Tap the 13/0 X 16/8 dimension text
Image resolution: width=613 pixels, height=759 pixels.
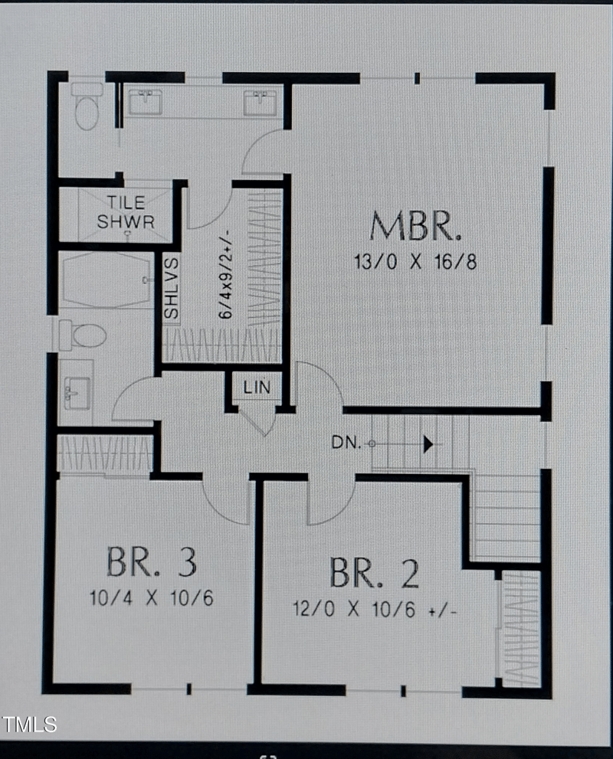point(415,262)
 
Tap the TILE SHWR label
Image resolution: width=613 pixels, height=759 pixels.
point(126,213)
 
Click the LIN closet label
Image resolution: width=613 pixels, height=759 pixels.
point(257,388)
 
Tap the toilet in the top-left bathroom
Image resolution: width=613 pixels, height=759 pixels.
point(87,106)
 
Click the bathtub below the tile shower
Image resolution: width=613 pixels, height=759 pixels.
point(107,280)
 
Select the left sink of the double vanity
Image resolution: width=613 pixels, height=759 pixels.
point(145,102)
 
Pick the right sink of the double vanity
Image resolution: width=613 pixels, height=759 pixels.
point(260,102)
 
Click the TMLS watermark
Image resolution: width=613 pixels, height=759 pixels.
point(29,724)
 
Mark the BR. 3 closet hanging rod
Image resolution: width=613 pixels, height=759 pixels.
point(105,453)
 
